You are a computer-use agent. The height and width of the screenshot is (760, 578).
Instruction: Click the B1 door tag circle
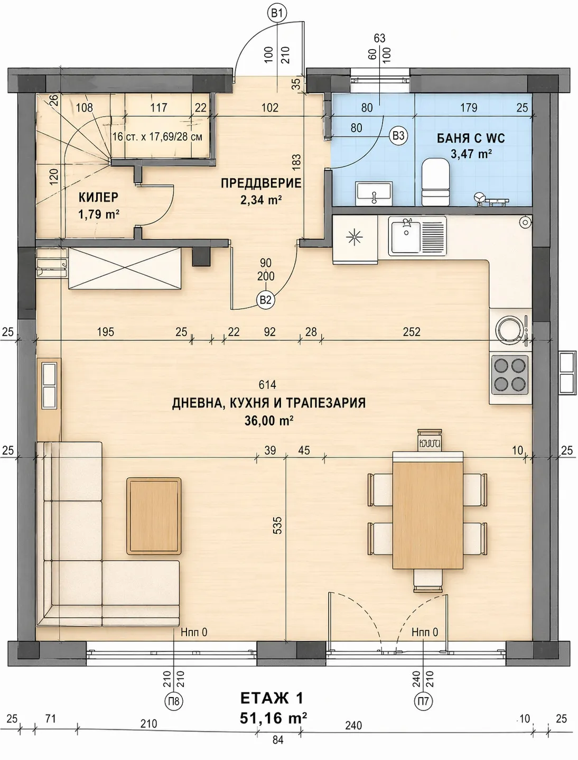277,14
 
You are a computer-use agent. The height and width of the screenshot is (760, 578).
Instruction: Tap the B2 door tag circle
265,300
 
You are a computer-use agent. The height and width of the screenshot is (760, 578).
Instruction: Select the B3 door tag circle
398,136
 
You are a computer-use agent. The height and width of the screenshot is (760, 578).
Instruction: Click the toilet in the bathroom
435,182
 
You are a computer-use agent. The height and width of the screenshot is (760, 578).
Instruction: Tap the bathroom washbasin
374,192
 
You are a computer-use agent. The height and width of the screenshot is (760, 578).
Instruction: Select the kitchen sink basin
406,236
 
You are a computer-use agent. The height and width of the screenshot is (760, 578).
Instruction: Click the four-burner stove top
509,374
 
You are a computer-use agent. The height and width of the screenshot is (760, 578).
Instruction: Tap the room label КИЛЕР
99,197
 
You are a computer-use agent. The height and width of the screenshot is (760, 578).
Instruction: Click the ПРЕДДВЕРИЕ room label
261,183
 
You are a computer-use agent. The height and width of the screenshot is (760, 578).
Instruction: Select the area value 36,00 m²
269,421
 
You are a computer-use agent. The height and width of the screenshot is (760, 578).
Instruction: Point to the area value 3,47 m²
471,153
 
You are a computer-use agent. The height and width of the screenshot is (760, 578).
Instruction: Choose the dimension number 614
267,385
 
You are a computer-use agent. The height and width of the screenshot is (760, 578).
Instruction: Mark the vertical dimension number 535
277,525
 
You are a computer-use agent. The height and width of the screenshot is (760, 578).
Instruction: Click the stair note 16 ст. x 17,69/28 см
157,136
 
